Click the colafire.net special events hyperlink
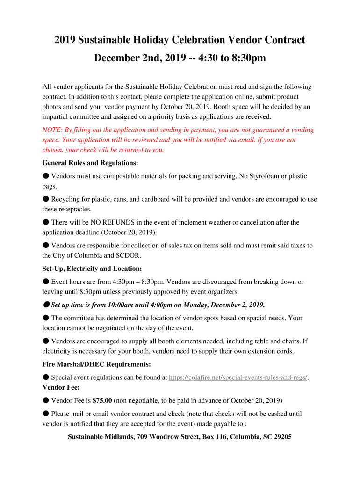click(238, 377)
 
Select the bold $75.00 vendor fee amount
click(102, 400)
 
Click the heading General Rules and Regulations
click(90, 163)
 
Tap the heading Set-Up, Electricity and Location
click(92, 269)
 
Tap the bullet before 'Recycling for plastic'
click(46, 199)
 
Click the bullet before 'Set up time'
click(46, 305)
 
